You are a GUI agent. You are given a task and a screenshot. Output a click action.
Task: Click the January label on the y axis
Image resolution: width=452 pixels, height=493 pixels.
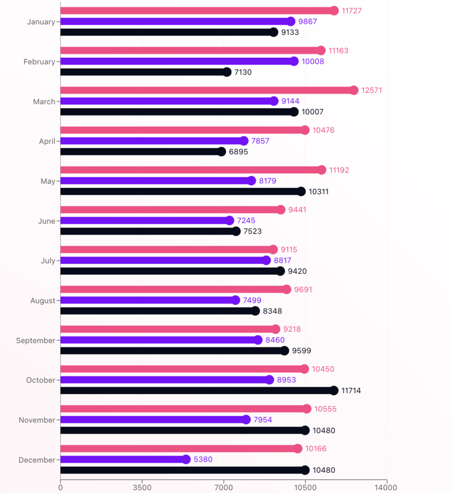[41, 22]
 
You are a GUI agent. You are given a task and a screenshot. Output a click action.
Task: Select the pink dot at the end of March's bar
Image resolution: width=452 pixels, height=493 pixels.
[354, 91]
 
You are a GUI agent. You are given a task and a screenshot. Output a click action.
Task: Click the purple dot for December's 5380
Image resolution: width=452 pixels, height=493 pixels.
[186, 459]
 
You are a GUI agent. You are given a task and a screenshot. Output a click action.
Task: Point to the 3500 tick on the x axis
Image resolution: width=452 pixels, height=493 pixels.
[142, 487]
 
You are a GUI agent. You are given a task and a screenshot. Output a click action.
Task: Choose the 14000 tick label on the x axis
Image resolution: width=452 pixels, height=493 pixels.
[387, 487]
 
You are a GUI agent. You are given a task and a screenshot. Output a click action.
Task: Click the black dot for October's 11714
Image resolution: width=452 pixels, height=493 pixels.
[334, 390]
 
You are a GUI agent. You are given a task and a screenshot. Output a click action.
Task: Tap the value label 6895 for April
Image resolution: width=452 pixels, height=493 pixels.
[239, 152]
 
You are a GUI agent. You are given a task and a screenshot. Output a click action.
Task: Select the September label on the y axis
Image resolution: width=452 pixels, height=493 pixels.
[36, 340]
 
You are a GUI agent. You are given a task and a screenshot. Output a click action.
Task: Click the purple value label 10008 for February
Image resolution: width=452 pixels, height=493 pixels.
[313, 62]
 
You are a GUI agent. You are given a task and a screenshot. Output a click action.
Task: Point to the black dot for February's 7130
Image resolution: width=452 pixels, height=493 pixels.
[227, 72]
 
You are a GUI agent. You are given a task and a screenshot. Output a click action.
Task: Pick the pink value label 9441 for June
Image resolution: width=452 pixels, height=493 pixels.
[297, 210]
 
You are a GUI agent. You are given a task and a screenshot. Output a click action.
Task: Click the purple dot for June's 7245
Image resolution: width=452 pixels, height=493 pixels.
[229, 221]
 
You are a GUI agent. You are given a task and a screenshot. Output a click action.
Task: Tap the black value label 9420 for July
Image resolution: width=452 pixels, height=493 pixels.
[297, 271]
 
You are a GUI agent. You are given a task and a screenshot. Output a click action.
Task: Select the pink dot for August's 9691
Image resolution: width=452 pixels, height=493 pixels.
[287, 289]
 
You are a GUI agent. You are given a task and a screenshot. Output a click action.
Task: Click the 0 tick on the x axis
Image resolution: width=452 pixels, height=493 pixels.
[60, 487]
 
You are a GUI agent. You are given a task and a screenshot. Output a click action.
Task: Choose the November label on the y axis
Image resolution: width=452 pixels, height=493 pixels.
[37, 420]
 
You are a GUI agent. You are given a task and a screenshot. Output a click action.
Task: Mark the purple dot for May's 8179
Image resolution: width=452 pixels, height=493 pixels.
[251, 181]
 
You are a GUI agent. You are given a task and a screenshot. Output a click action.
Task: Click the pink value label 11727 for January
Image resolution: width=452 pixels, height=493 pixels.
[352, 11]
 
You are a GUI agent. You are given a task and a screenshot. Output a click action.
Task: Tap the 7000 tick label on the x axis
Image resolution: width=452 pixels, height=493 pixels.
[224, 487]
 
